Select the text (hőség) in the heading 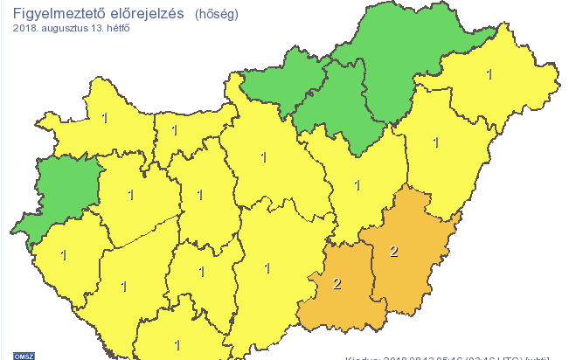click(215, 15)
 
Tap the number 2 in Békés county click(394, 252)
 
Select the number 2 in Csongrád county click(337, 282)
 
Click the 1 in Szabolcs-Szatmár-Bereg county click(489, 75)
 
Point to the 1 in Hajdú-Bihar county click(435, 142)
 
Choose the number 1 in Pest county click(263, 158)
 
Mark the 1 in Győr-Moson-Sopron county click(104, 116)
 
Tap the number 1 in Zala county click(63, 255)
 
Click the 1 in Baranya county click(177, 344)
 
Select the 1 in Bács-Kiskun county click(267, 267)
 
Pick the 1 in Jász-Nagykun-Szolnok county click(357, 185)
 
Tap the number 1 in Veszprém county click(131, 194)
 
